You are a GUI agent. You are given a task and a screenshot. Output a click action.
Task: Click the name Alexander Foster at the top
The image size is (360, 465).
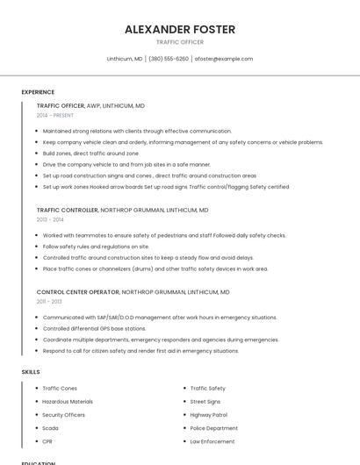(x=180, y=29)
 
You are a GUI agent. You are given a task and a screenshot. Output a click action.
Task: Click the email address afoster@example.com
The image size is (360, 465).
(x=223, y=59)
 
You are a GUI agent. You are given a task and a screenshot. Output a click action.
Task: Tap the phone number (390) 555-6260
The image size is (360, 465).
(x=168, y=59)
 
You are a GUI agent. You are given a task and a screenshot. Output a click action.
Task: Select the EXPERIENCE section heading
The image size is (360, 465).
(x=38, y=92)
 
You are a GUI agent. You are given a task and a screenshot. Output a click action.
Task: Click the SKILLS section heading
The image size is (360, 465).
(x=30, y=372)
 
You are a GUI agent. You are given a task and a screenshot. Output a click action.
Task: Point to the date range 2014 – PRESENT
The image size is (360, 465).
(x=54, y=115)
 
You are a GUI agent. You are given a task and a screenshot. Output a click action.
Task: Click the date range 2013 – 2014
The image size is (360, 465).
(x=50, y=219)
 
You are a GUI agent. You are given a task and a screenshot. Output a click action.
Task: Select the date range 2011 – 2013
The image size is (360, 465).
(x=49, y=301)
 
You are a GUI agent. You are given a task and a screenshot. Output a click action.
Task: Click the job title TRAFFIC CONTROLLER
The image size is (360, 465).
(x=67, y=211)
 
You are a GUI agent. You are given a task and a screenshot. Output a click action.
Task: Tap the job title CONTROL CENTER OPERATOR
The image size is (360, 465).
(x=77, y=292)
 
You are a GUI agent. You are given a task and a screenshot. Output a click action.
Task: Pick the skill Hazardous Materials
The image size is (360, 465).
(x=68, y=401)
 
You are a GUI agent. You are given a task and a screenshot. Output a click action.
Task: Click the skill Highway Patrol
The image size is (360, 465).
(x=209, y=414)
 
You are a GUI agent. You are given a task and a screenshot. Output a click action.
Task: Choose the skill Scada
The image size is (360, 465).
(x=51, y=427)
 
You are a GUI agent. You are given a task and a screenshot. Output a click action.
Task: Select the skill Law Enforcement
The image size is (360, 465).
(x=212, y=440)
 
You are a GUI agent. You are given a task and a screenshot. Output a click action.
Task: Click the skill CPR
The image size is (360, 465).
(x=48, y=440)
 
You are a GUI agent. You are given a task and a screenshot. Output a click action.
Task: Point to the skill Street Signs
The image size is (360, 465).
(x=205, y=401)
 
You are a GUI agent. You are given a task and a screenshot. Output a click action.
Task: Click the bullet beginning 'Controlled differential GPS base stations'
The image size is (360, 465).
(x=94, y=328)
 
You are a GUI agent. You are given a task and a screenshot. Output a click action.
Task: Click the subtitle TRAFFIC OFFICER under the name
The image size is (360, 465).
(x=180, y=42)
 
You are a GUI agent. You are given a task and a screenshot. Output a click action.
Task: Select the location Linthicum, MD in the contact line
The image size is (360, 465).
(x=125, y=59)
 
